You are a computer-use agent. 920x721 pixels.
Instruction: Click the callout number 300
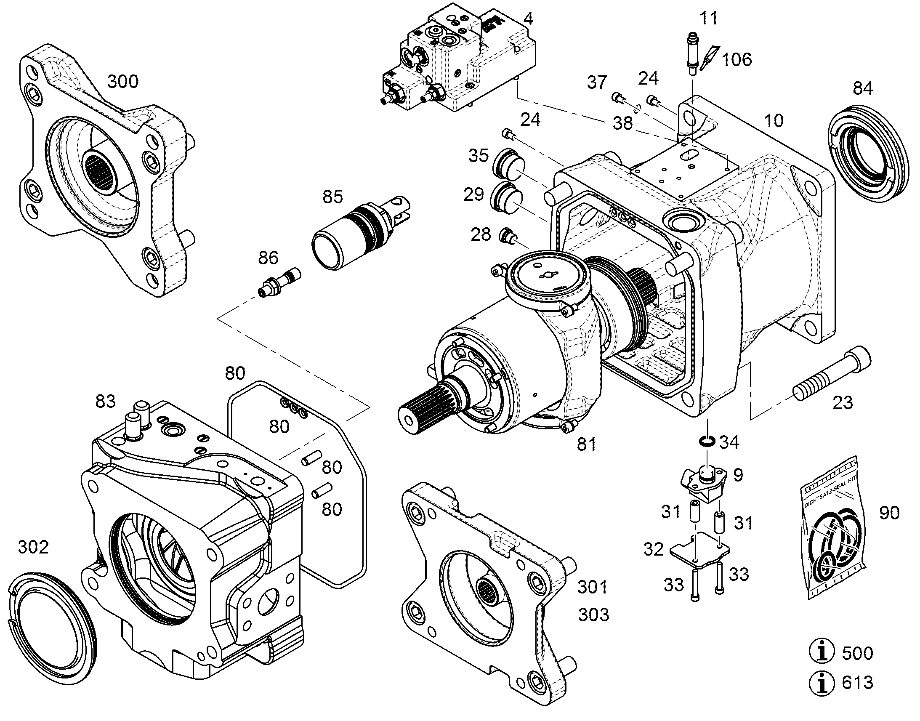[123, 81]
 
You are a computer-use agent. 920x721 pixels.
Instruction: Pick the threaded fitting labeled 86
[279, 282]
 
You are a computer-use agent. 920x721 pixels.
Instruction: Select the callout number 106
[737, 59]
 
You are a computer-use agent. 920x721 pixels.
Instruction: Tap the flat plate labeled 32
[699, 549]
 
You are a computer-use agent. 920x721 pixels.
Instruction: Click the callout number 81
[587, 444]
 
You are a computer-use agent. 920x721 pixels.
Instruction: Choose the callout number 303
[593, 615]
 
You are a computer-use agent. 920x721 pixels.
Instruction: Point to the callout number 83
[105, 402]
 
